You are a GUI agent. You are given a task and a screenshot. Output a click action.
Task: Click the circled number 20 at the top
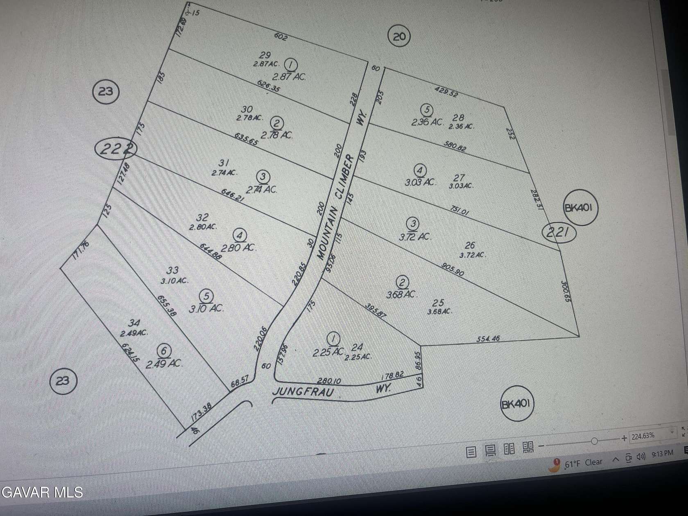pyautogui.click(x=399, y=37)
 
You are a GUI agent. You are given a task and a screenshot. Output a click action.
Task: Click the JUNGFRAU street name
pyautogui.click(x=303, y=392)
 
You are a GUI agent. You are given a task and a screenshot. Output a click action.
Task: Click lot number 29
pyautogui.click(x=265, y=55)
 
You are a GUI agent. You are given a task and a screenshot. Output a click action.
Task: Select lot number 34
pyautogui.click(x=134, y=324)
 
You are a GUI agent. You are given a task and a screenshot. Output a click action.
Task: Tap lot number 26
pyautogui.click(x=470, y=245)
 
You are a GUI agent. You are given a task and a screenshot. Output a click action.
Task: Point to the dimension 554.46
pyautogui.click(x=488, y=339)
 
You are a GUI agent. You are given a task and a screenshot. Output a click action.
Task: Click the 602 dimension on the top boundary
pyautogui.click(x=281, y=37)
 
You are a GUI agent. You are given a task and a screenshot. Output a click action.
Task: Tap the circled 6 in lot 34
pyautogui.click(x=164, y=351)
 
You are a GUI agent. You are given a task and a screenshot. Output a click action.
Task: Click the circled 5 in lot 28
pyautogui.click(x=427, y=110)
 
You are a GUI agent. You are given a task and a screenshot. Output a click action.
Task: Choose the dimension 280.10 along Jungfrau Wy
pyautogui.click(x=329, y=381)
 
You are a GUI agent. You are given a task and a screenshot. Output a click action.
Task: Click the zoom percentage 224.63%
pyautogui.click(x=643, y=436)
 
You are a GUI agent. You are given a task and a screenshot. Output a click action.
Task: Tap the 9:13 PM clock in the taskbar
pyautogui.click(x=662, y=453)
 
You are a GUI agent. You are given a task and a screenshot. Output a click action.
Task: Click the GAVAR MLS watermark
pyautogui.click(x=42, y=492)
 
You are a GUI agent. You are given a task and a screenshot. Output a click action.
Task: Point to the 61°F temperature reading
pyautogui.click(x=572, y=464)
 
